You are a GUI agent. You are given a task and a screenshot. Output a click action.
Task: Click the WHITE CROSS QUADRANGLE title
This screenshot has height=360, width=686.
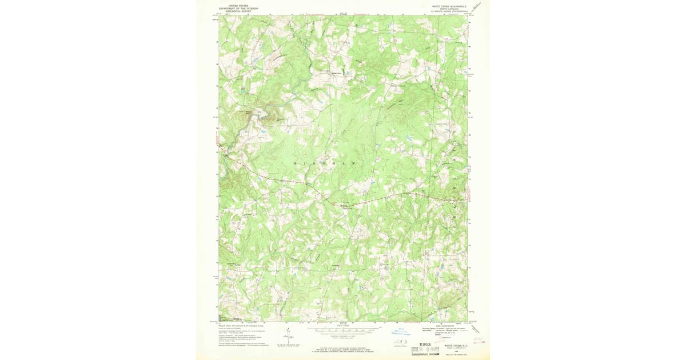[x=449, y=5]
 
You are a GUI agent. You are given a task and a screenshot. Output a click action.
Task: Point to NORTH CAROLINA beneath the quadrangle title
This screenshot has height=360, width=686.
[x=449, y=8]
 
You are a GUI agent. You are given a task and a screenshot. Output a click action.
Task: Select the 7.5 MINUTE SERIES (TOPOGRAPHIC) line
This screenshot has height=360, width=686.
[x=449, y=11]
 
